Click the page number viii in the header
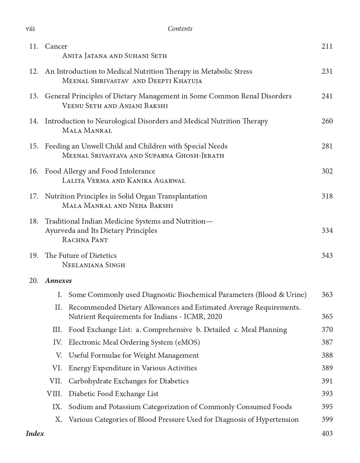[x=30, y=29]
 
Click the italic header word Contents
[x=180, y=29]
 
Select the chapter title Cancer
[x=56, y=46]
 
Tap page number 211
[x=327, y=46]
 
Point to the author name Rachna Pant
[x=85, y=240]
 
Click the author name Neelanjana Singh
[x=94, y=265]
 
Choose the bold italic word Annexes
[x=58, y=281]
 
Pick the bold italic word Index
[x=35, y=434]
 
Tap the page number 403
[x=327, y=434]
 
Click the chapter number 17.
[x=34, y=196]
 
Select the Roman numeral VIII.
[x=55, y=394]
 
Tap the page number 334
[x=327, y=230]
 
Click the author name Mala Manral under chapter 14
[x=87, y=131]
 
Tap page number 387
[x=327, y=342]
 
